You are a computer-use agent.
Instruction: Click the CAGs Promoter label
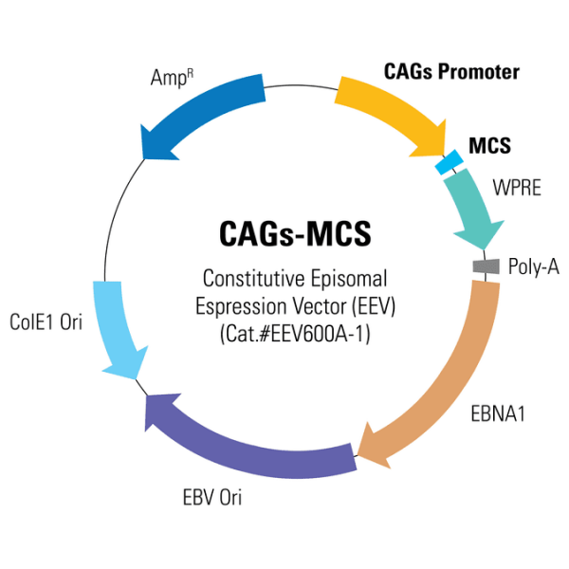pos(451,72)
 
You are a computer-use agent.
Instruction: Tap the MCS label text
pos(489,146)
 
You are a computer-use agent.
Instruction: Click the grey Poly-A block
pos(486,267)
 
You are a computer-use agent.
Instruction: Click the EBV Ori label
pos(211,497)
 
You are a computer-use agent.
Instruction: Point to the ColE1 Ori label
pos(45,322)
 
